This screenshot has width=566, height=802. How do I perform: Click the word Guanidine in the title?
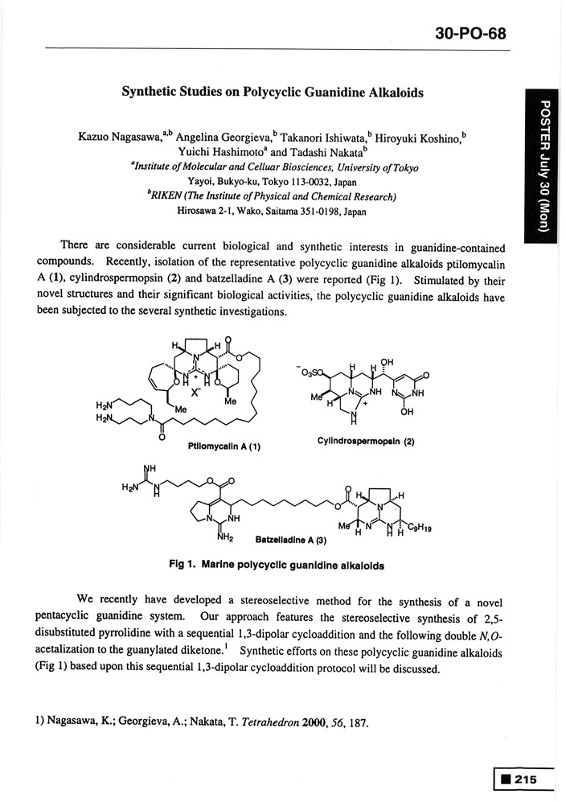click(x=334, y=93)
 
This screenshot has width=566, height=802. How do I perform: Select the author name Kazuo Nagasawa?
click(x=118, y=138)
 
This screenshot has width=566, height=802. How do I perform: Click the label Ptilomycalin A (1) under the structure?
click(x=226, y=445)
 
